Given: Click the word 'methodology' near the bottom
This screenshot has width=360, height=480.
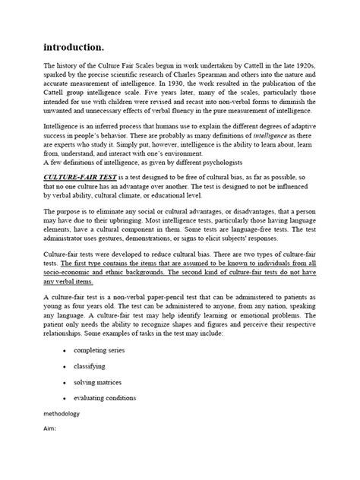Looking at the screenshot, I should tap(62, 457).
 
